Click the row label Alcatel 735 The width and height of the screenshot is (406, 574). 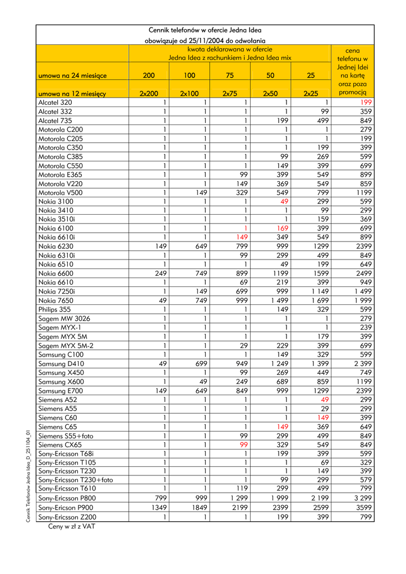point(55,120)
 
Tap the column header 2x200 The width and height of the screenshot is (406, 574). point(149,94)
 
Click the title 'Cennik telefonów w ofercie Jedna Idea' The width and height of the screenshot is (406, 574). point(205,30)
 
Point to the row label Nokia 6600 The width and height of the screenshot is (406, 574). point(56,274)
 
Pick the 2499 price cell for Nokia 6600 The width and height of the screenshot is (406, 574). point(363,274)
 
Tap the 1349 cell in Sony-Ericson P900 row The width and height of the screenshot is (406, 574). point(159,507)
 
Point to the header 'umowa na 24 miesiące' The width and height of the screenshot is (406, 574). point(72,76)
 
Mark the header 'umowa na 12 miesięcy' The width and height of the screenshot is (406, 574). point(72,94)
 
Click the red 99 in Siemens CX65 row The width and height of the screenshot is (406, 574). point(244,445)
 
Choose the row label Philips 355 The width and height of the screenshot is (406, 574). point(54,309)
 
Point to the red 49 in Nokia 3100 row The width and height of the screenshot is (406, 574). point(284,201)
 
